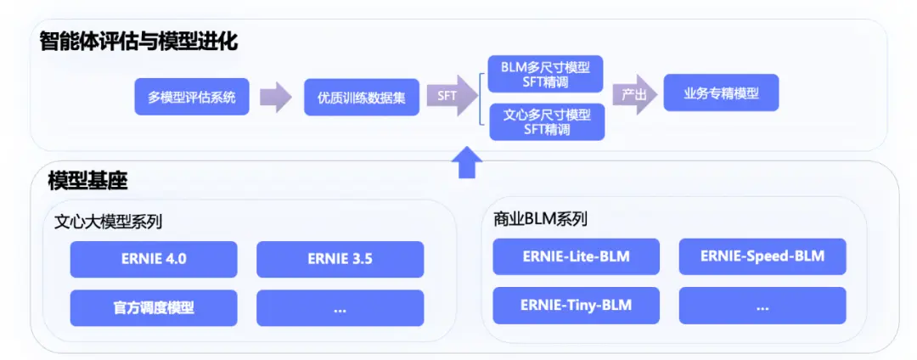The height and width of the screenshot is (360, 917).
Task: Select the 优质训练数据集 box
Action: pos(362,98)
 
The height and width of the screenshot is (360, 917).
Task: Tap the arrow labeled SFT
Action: pos(451,96)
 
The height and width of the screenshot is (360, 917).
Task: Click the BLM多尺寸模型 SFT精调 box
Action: pos(546,74)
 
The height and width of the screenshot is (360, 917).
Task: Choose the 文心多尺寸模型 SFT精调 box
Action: pos(546,121)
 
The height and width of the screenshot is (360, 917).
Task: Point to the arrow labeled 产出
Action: pos(635,95)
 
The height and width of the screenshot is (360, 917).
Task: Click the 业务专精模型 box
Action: pos(721,94)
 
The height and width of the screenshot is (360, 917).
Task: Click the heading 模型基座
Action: pos(87,180)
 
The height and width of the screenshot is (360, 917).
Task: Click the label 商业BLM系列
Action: pos(540,218)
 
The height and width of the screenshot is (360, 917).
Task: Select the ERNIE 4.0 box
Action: pos(153,259)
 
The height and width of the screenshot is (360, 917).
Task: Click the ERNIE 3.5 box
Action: pos(340,259)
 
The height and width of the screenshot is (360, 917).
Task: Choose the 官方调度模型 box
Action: pos(153,307)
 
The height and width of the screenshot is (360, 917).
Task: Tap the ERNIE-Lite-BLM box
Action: pos(576,256)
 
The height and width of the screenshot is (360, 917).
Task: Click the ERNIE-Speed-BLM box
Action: pos(762,256)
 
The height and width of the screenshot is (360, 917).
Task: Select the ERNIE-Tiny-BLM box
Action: pos(576,305)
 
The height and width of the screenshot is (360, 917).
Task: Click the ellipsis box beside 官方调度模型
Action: pos(340,307)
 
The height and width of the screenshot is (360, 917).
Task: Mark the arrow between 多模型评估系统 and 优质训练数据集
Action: pos(275,97)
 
